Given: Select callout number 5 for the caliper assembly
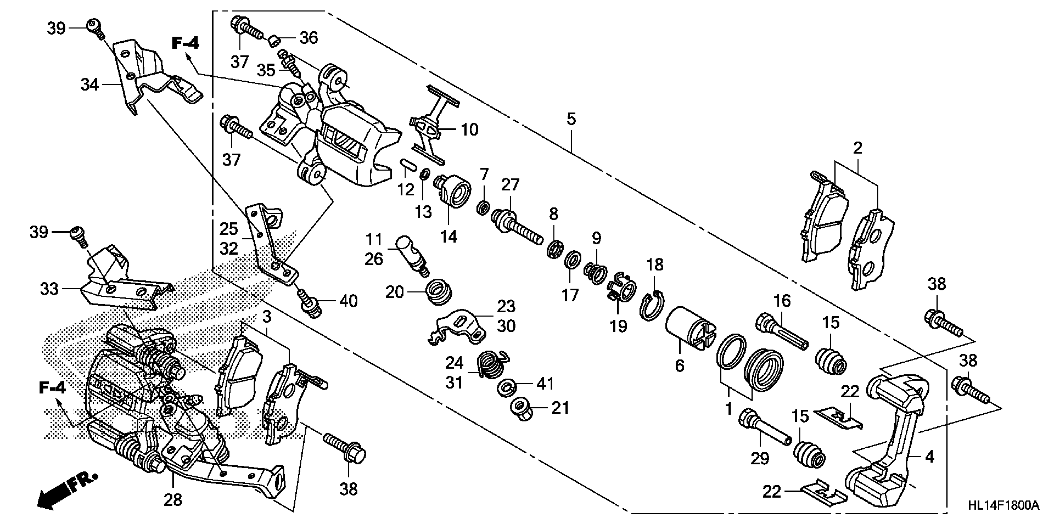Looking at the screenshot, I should click(x=571, y=119).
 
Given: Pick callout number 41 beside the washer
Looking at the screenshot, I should click(x=545, y=384).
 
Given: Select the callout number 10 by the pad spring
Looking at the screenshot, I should click(x=469, y=130).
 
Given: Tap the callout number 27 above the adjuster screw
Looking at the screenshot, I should click(x=510, y=185).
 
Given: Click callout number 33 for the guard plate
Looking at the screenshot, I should click(x=49, y=289).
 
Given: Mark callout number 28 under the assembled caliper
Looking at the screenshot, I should click(x=173, y=499).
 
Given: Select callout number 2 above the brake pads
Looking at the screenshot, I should click(x=858, y=148).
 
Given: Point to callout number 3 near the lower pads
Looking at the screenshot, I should click(x=267, y=317).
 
